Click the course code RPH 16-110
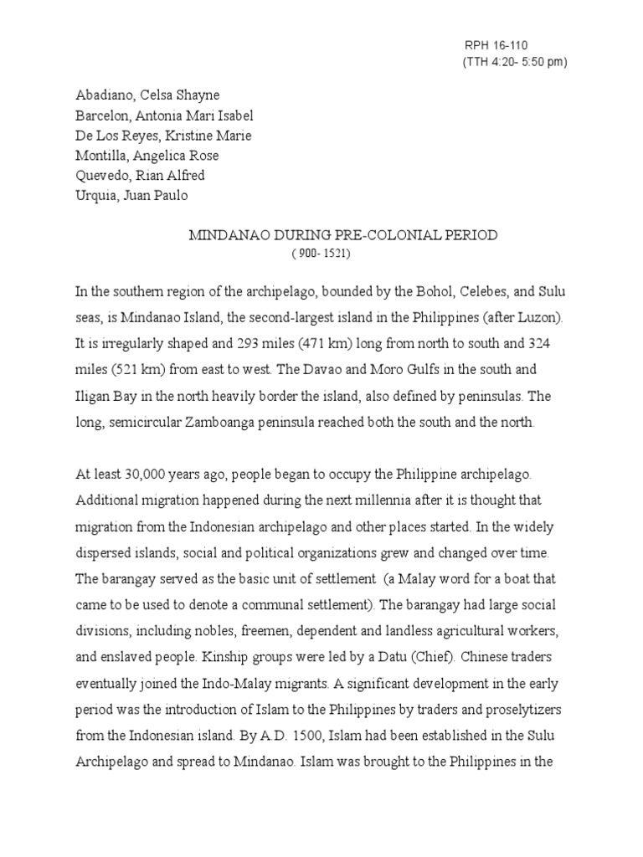pyautogui.click(x=496, y=46)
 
